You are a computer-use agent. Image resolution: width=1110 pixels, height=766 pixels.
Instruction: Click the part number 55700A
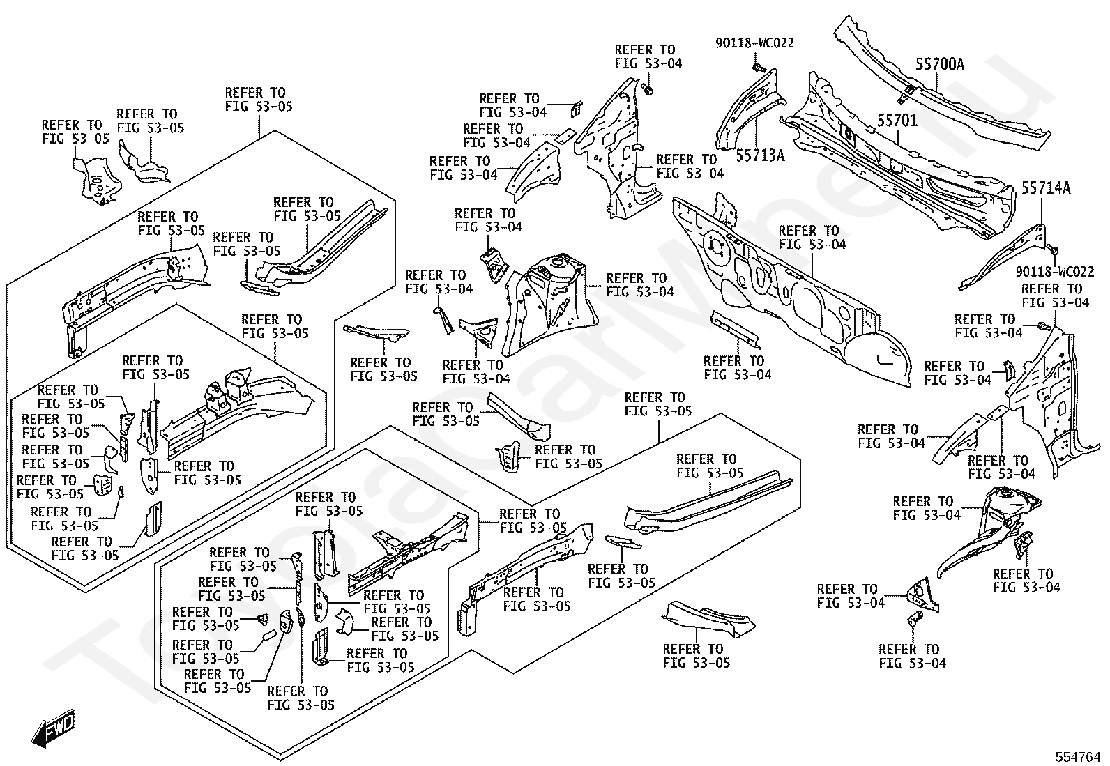[939, 64]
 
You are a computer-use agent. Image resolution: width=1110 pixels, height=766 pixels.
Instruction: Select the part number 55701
[897, 121]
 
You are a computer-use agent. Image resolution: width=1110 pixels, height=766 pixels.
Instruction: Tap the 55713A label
[760, 155]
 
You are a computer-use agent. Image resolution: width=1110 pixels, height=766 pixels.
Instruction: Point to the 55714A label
[1046, 187]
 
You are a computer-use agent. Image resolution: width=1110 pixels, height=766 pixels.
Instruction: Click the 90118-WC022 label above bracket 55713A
[754, 43]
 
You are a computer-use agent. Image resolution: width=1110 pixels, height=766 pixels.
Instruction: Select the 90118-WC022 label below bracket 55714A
[1055, 271]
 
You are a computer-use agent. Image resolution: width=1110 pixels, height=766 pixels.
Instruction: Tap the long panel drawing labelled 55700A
[941, 91]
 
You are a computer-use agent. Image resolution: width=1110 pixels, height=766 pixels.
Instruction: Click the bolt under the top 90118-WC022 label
[759, 68]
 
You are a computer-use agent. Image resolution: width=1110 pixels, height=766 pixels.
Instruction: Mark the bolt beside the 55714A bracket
[1053, 250]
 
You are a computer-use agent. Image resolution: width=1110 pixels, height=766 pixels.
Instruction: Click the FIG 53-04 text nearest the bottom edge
[912, 663]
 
